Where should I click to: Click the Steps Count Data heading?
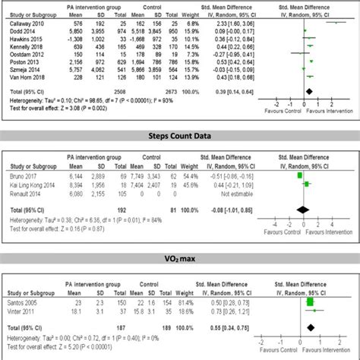point(180,137)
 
